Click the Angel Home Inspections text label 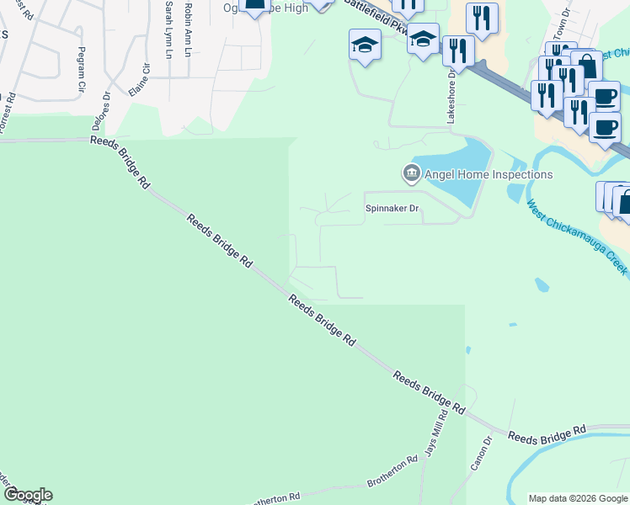coord(489,174)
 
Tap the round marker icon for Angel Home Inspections coord(411,174)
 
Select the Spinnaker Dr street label coord(391,207)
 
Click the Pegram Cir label coord(82,64)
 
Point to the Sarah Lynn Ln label coord(168,29)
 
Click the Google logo coord(27,495)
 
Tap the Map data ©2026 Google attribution coord(577,498)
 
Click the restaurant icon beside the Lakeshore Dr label coord(457,50)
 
